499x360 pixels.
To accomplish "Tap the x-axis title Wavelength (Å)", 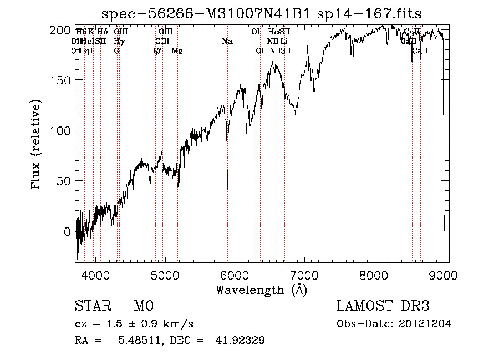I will coord(261,290).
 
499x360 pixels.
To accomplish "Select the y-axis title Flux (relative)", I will coord(37,145).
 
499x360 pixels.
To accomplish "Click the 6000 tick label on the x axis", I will coord(235,275).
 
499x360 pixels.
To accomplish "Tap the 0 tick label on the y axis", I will coord(67,231).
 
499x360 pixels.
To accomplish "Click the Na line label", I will coord(227,41).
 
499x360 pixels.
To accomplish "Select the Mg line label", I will coord(177,51).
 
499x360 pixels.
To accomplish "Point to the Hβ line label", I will coord(156,51).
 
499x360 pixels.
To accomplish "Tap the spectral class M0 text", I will coord(143,306).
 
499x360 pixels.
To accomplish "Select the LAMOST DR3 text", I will coord(383,306).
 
